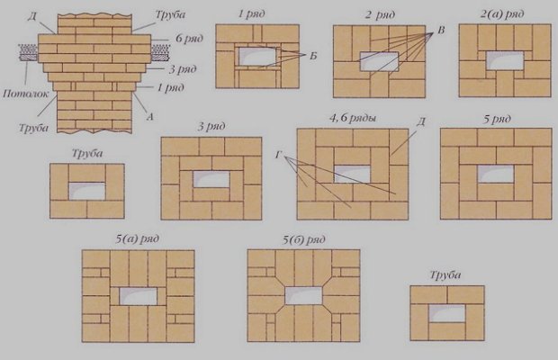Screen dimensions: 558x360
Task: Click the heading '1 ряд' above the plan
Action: [252, 14]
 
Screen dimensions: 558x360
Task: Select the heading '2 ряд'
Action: [380, 15]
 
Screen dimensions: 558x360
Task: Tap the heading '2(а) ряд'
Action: [502, 14]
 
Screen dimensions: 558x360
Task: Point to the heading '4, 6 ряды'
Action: [353, 118]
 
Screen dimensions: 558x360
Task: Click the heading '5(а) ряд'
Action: [138, 238]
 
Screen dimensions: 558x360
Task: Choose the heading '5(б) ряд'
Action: [304, 239]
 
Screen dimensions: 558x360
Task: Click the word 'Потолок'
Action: [25, 94]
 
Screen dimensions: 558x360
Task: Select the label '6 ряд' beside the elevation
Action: [189, 39]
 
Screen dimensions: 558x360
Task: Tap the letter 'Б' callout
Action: [313, 56]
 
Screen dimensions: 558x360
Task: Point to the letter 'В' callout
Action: [441, 31]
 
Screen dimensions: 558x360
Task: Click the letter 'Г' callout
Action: [278, 155]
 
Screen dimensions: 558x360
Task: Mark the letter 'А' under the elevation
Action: [149, 117]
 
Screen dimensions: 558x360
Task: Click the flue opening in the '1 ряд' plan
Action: [257, 56]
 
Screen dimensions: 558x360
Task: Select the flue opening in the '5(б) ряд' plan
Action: [303, 295]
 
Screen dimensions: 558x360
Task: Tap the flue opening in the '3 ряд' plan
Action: [211, 180]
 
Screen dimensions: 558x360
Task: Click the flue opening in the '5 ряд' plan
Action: [496, 175]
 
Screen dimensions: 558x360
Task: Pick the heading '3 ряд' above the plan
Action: [211, 126]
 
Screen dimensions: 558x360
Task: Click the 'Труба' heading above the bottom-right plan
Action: [445, 275]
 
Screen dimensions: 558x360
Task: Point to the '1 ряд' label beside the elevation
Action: [171, 87]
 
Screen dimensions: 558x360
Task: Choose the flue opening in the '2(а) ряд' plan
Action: [505, 60]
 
